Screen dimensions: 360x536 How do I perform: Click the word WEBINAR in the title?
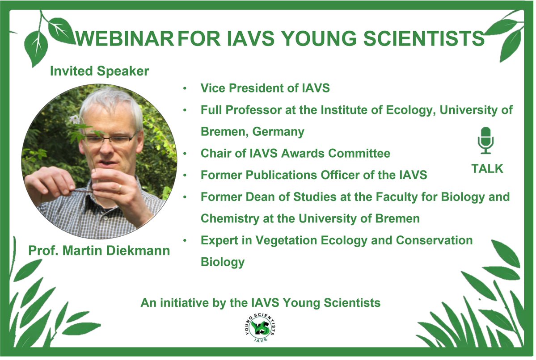click(124, 39)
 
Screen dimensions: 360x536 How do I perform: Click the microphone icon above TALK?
click(486, 141)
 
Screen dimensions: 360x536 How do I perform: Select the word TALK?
click(487, 169)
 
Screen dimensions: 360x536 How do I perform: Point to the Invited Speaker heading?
click(99, 71)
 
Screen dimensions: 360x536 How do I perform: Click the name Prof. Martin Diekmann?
click(99, 251)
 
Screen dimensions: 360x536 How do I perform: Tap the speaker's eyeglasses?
click(110, 140)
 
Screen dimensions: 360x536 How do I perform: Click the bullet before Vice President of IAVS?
click(185, 88)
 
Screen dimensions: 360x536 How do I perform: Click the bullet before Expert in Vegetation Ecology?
click(185, 241)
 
